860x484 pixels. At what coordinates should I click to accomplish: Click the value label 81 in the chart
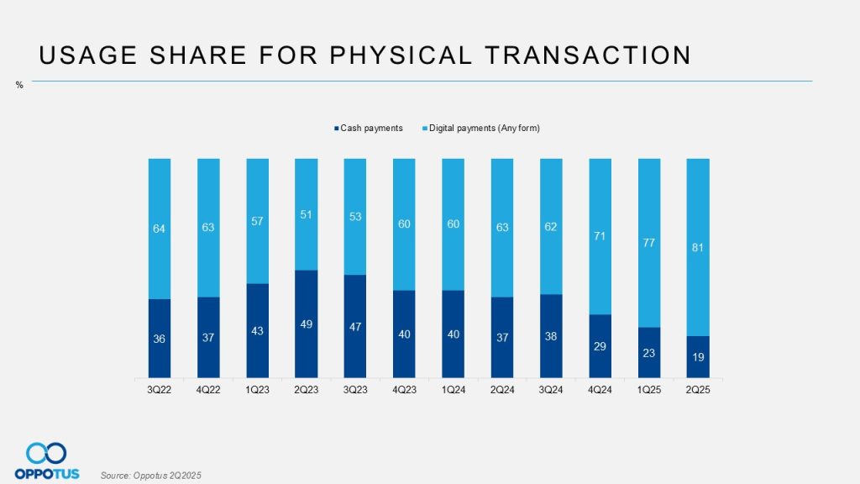tap(699, 247)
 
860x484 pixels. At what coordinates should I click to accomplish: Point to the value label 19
tap(699, 357)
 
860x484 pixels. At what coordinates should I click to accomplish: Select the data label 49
tap(307, 324)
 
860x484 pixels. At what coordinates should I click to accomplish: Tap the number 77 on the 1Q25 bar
tap(649, 243)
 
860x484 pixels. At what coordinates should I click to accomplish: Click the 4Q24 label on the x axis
tap(600, 390)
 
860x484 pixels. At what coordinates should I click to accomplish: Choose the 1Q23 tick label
tap(258, 390)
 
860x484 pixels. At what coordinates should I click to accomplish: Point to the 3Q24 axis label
tap(551, 390)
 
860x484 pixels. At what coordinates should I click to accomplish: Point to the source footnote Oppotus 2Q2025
tap(151, 476)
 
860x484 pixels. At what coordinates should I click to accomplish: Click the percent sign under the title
tap(19, 85)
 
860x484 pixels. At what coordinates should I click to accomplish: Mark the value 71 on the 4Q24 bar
tap(600, 236)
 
